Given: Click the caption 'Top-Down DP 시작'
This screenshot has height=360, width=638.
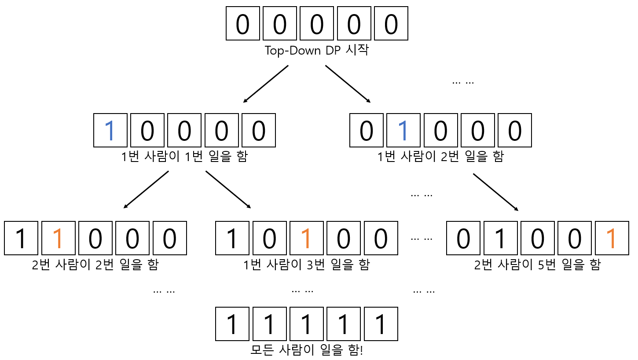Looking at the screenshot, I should coord(316,50).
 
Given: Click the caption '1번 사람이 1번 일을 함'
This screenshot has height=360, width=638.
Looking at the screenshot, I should coord(184,157).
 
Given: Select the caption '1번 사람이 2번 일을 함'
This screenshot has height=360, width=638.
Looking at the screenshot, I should coord(440,157).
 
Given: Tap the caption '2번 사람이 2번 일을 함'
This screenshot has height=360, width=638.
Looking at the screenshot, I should coord(95,265).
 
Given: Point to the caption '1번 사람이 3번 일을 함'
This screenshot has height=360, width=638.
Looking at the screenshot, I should coord(306,265).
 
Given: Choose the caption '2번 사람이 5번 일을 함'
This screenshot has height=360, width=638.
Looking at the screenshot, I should coord(537,265).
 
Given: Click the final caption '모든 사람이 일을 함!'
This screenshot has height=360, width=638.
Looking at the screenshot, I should coord(307,350).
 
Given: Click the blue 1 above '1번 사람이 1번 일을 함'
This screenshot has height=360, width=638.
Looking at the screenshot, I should coord(110,130).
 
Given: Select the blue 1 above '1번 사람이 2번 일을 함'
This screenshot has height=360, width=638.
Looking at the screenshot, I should coord(403,130).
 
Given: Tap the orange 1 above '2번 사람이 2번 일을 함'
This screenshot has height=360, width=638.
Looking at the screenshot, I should coord(59,238).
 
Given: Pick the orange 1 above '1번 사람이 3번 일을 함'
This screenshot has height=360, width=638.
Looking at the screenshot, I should coord(307,238).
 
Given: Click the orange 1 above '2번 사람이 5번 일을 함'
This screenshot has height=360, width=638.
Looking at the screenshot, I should coord(612,238).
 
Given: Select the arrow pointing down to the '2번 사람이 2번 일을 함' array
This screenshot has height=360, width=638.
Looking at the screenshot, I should coord(146,189).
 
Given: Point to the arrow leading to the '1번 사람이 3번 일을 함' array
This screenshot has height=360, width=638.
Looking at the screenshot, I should coord(228,189).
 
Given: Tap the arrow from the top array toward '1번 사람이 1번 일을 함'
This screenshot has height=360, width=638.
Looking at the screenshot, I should coord(266,84).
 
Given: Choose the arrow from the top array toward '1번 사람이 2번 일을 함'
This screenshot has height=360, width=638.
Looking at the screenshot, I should coord(348,84).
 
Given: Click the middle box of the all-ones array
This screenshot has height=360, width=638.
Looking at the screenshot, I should coord(307,324).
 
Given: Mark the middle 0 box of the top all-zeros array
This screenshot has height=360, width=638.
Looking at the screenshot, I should coord(317,23).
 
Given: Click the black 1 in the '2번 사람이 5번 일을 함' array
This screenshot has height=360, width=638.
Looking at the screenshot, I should coord(500,238).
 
